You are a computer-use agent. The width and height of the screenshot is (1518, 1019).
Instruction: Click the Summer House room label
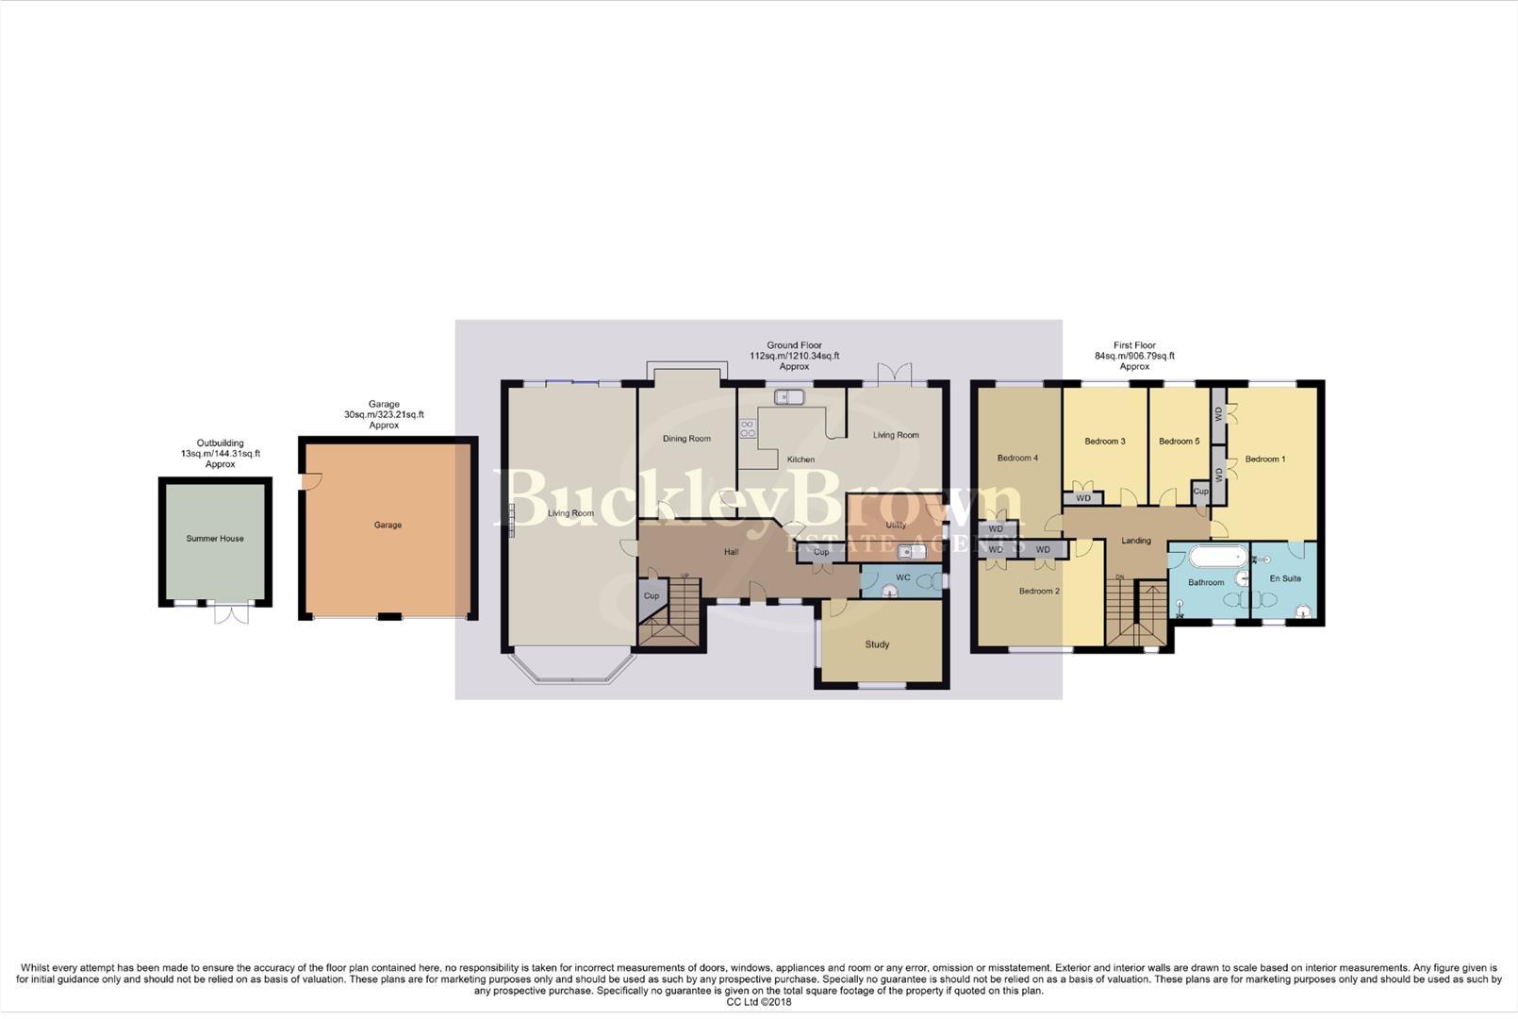tap(215, 539)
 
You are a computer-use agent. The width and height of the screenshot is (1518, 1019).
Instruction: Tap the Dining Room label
tap(686, 439)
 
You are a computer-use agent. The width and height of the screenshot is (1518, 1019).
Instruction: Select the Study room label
tap(877, 644)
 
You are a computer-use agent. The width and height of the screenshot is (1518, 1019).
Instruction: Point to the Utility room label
tap(896, 526)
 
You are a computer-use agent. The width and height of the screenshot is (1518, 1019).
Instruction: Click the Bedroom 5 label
tap(1179, 441)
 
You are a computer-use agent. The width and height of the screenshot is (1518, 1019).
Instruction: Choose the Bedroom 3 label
tap(1104, 441)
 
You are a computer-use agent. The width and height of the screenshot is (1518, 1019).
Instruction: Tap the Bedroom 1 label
tap(1264, 459)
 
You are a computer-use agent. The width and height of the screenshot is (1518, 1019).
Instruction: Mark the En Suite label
tap(1285, 578)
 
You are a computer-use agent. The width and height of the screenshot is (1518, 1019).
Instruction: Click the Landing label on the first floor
tap(1135, 541)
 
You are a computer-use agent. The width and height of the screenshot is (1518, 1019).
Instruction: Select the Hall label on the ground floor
tap(731, 552)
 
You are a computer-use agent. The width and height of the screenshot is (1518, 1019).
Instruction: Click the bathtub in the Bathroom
tap(1217, 557)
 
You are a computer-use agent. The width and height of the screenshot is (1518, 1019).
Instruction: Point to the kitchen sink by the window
tap(788, 397)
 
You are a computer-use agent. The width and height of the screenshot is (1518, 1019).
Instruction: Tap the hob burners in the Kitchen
tap(748, 428)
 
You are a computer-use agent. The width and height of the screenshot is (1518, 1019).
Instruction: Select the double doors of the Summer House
tap(231, 613)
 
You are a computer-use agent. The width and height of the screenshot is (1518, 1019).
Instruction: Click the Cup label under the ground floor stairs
tap(652, 595)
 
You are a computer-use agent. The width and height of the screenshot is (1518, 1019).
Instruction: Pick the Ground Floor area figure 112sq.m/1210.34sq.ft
tap(794, 356)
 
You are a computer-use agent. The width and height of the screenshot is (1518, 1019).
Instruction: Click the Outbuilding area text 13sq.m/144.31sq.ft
tap(221, 454)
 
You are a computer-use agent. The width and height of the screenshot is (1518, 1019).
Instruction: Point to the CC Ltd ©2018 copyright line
tap(758, 1002)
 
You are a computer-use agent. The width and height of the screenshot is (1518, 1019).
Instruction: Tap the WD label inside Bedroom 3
tap(1083, 498)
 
